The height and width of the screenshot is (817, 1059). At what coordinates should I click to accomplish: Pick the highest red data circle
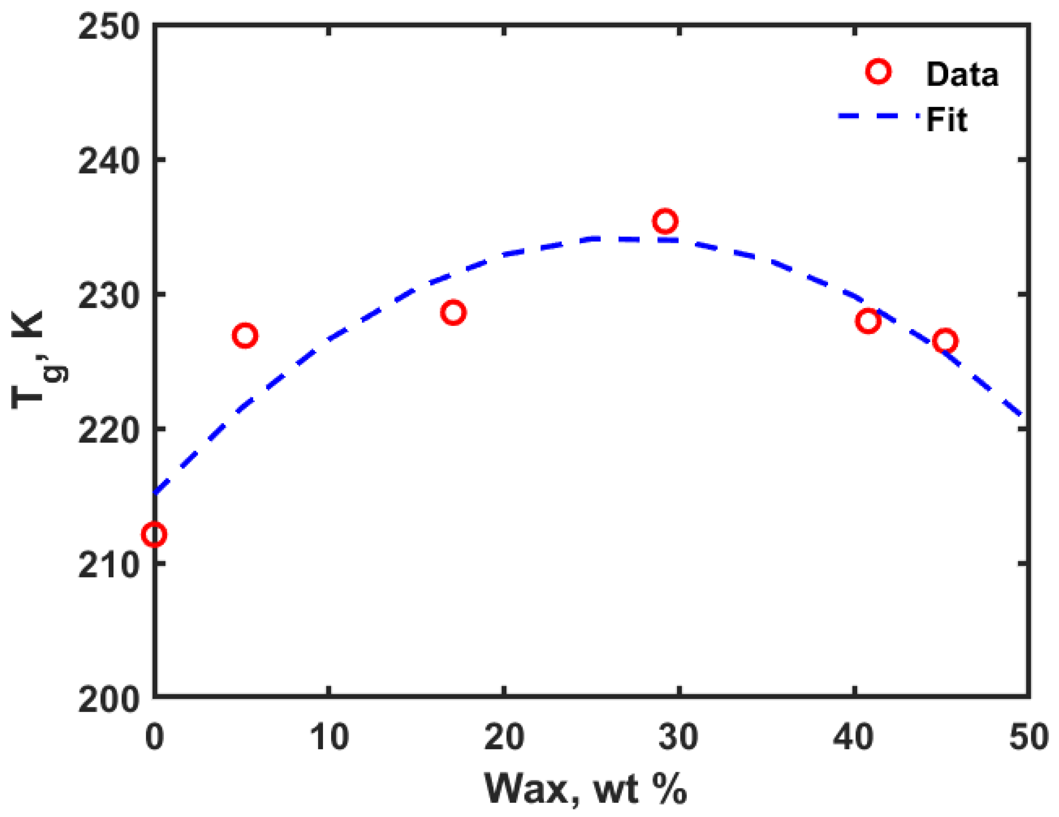click(665, 221)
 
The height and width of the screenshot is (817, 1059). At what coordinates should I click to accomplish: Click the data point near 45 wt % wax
click(946, 341)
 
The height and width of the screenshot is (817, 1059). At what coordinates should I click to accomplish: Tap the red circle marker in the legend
click(878, 72)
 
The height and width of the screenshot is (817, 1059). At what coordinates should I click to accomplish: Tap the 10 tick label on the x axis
click(329, 737)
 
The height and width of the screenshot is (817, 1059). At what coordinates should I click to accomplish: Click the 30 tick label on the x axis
click(679, 737)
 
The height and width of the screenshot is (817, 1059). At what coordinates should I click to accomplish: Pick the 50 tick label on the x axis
click(1028, 737)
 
